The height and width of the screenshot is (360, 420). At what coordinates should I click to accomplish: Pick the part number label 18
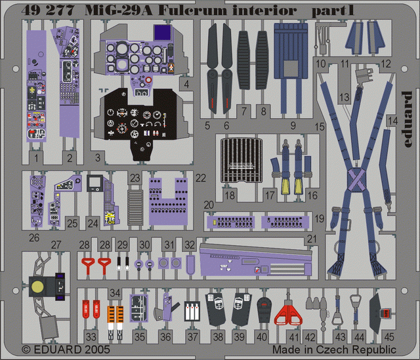point(229,195)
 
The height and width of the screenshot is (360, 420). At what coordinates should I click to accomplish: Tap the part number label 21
point(311,239)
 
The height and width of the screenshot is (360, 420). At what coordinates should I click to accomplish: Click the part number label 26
point(34,237)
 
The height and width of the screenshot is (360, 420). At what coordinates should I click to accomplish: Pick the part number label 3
point(97,157)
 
